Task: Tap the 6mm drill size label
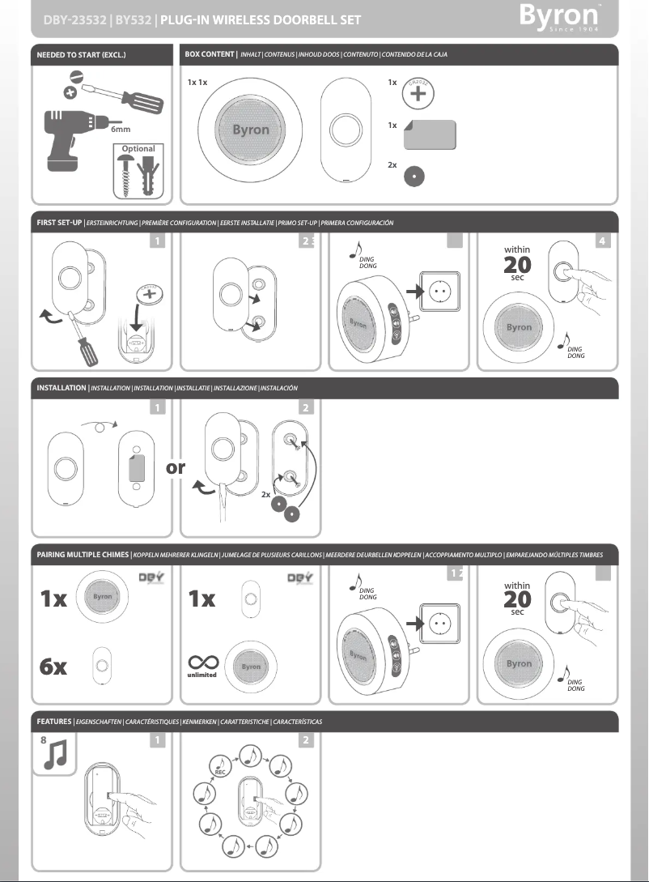point(120,128)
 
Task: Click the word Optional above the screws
point(138,149)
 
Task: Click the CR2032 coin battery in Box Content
point(418,92)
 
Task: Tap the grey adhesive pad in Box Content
point(431,134)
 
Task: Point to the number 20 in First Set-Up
point(516,266)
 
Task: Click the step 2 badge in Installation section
point(305,407)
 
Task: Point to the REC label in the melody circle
point(220,773)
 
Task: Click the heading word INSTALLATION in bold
point(62,388)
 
